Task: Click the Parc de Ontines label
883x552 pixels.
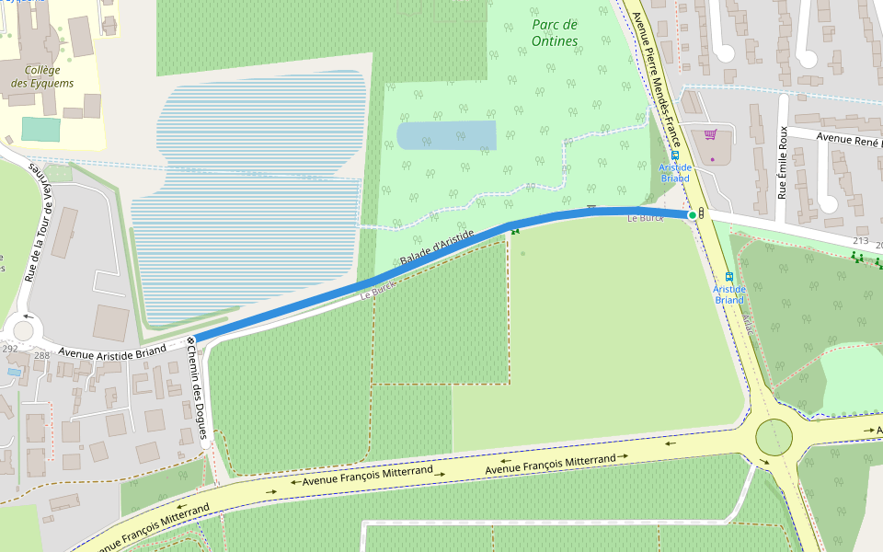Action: [x=555, y=32]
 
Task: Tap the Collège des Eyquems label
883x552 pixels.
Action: [x=42, y=76]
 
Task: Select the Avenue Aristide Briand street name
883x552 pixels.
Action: [x=112, y=350]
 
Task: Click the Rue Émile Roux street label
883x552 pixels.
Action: [x=784, y=163]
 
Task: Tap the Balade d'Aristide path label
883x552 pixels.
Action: [x=437, y=250]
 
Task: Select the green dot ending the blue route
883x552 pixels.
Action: [x=692, y=214]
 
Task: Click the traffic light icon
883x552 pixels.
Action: [x=703, y=213]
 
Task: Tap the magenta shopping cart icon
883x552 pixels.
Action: [x=710, y=134]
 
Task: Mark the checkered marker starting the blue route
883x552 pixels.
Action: [x=190, y=341]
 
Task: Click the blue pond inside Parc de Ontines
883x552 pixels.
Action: [x=446, y=135]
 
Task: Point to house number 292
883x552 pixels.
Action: [x=10, y=349]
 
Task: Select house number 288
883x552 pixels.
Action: [x=41, y=355]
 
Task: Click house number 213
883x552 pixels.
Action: [x=860, y=241]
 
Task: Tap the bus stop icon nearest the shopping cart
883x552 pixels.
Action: [x=675, y=155]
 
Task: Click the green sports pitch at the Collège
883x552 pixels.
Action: [x=40, y=129]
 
